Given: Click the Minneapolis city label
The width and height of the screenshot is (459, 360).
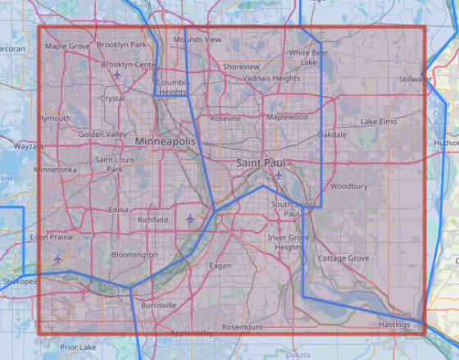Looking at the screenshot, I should click(165, 142).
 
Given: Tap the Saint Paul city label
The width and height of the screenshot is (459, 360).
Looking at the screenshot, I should click(261, 163).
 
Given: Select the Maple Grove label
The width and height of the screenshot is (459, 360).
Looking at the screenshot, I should click(66, 46).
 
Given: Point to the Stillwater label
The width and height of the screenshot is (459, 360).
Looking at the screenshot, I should click(416, 79).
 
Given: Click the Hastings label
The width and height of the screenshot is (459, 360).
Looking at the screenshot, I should click(394, 325).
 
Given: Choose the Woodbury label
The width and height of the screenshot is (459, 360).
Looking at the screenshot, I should click(348, 186).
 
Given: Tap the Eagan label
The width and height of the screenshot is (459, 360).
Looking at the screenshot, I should click(220, 265).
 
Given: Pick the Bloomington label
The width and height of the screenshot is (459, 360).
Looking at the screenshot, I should click(134, 255).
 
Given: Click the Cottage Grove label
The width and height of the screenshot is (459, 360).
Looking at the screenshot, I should click(343, 257).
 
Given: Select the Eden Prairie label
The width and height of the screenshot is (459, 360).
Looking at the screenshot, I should click(51, 237).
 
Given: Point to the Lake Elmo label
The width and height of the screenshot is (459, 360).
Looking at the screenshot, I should click(379, 121).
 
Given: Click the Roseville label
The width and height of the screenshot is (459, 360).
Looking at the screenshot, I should click(225, 118).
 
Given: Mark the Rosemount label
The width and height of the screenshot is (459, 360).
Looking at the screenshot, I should click(243, 326).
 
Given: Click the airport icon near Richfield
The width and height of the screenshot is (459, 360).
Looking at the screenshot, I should click(191, 219).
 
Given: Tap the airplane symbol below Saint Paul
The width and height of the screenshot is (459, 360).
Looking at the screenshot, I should click(279, 175).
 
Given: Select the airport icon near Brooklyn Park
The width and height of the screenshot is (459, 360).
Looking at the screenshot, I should click(118, 75).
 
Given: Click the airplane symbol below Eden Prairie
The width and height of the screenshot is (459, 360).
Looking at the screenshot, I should click(57, 259).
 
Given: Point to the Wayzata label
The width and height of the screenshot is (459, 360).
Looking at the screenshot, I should click(27, 146).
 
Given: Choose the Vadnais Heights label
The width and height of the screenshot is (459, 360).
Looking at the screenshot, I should click(271, 78).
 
